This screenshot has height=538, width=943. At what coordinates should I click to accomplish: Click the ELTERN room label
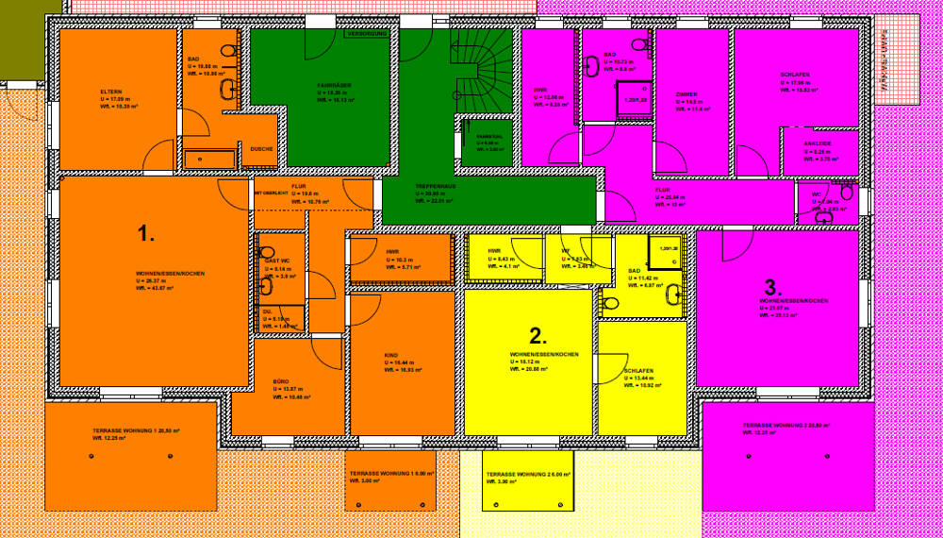pyautogui.click(x=111, y=92)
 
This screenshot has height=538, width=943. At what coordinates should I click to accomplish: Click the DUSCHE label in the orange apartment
pyautogui.click(x=261, y=149)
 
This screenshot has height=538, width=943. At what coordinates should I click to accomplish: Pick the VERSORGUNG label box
pyautogui.click(x=367, y=34)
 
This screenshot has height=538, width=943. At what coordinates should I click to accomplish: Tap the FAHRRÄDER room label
pyautogui.click(x=334, y=85)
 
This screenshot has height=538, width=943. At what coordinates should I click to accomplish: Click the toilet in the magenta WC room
pyautogui.click(x=847, y=193)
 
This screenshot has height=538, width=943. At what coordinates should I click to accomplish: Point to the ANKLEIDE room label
pyautogui.click(x=817, y=144)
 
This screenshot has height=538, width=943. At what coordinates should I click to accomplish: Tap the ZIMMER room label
pyautogui.click(x=687, y=94)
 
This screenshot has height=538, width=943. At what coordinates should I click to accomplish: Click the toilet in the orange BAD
pyautogui.click(x=228, y=51)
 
